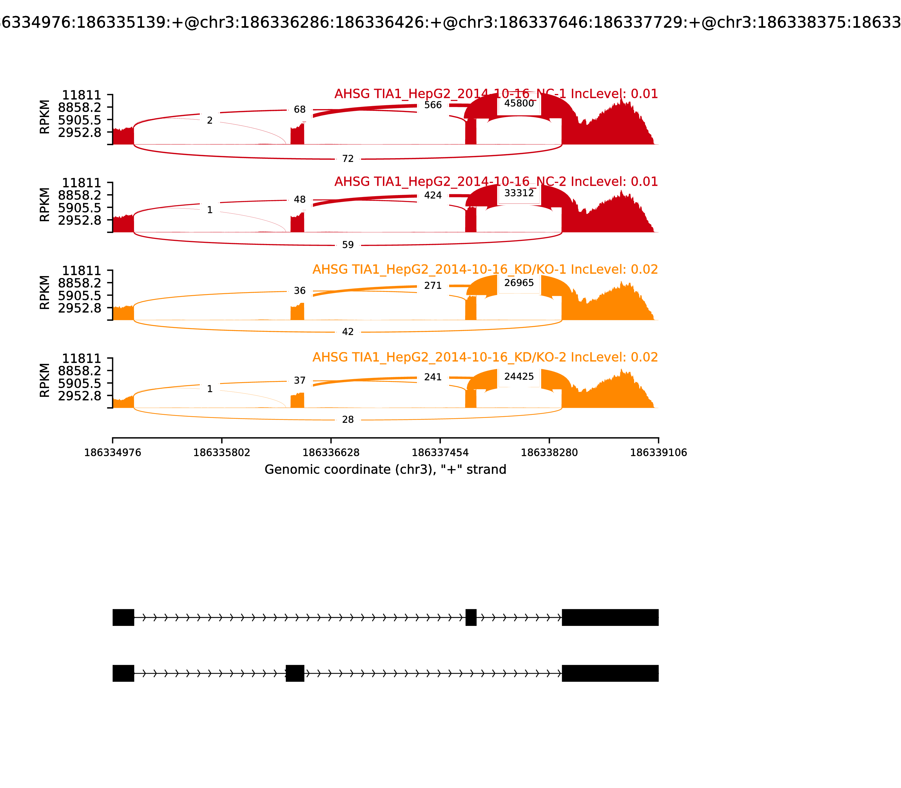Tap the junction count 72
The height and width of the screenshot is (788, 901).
coord(347,159)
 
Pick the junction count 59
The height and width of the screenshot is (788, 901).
coord(347,245)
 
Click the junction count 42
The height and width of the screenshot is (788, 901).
coord(347,332)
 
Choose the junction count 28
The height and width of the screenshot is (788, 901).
coord(347,420)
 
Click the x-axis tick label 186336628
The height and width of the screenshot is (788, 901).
coord(331,453)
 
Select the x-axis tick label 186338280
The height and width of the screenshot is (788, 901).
coord(549,453)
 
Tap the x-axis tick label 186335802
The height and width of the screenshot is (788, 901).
coord(222,453)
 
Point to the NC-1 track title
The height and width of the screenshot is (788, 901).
coord(496,94)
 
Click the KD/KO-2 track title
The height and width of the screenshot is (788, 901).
coord(485,357)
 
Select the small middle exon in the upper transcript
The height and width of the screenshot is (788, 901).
coord(471,617)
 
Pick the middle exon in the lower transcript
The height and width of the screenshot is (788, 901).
coord(295,673)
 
